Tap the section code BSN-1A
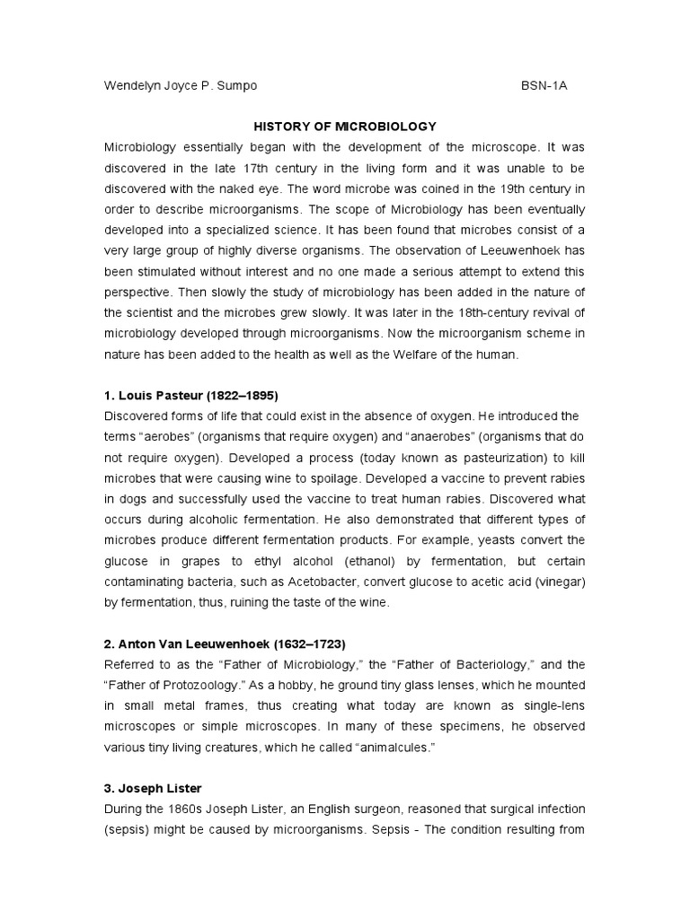point(544,86)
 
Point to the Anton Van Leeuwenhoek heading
point(225,644)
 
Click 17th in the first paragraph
point(243,168)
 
